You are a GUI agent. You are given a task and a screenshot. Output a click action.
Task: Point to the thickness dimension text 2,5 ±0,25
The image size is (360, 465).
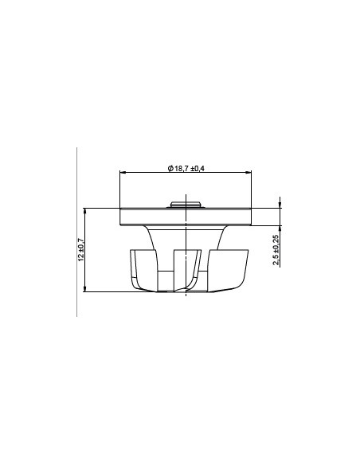[276, 250]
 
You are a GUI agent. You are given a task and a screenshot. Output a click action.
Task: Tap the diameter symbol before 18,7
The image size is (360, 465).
[170, 167]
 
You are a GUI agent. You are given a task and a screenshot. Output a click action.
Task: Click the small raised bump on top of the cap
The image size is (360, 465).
[186, 204]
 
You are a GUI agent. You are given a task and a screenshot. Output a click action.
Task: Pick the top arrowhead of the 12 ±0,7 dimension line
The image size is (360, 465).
[85, 210]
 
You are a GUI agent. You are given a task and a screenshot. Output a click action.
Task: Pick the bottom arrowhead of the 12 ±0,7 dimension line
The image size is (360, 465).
[85, 290]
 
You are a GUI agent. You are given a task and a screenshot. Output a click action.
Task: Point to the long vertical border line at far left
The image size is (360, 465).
[76, 231]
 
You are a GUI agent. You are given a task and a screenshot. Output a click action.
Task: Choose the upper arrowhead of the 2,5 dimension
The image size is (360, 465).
[280, 205]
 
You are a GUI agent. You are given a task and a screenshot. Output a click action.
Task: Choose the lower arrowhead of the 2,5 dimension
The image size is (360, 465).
[280, 225]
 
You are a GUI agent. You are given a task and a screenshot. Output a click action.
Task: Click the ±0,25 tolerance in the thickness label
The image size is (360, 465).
[276, 243]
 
